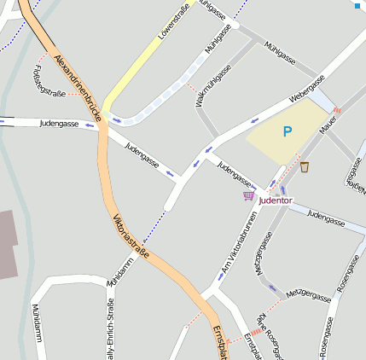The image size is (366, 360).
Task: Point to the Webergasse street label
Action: click(307, 89)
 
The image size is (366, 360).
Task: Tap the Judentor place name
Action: click(275, 200)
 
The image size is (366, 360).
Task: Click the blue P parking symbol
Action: click(288, 132)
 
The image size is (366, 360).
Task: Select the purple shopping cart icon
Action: click(248, 196)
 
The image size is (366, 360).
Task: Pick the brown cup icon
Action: click(305, 167)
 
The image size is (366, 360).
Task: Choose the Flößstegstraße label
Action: click(48, 80)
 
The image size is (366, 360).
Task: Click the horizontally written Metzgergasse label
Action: click(308, 295)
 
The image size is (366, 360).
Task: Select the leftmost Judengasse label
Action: click(59, 124)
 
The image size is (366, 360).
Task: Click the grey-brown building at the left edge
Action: click(8, 244)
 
